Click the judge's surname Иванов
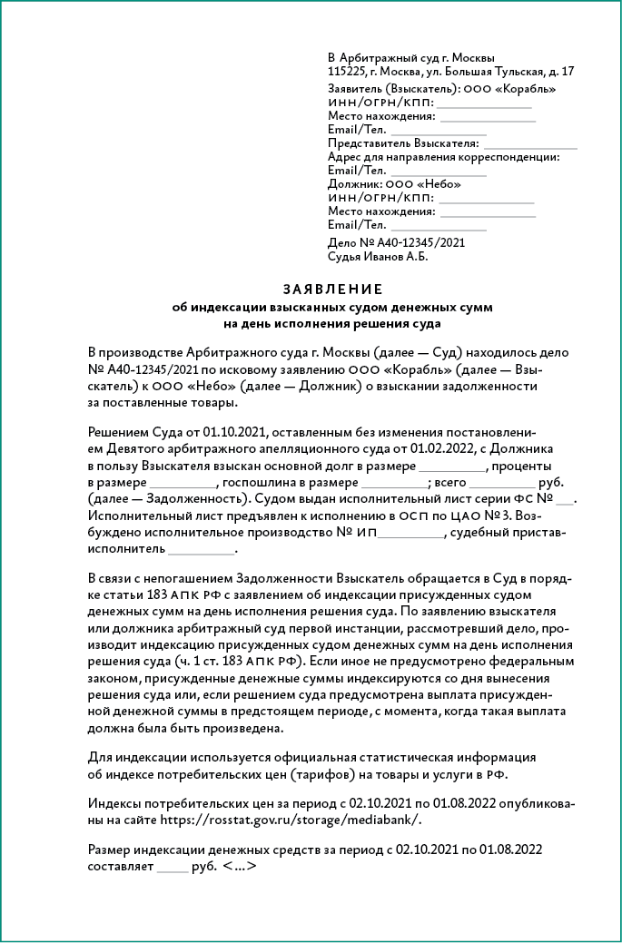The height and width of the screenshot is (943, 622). (x=388, y=256)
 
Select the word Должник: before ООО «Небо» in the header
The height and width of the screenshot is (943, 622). (x=355, y=183)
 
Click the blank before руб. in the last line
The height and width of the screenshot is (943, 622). (x=171, y=867)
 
